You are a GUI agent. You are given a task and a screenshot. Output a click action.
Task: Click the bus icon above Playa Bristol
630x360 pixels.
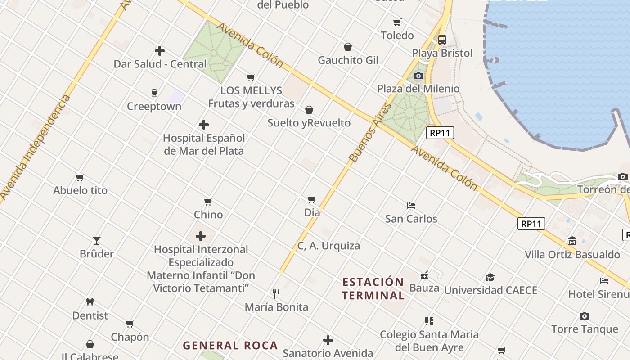click(x=442, y=40)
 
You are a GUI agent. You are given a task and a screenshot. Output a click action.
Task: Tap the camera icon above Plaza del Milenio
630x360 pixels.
click(x=418, y=76)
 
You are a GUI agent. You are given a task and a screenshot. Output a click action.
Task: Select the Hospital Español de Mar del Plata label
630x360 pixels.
click(x=204, y=144)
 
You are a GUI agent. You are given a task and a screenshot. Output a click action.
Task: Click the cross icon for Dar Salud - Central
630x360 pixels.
click(x=159, y=51)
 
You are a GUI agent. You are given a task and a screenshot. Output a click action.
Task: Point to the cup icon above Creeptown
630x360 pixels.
click(x=154, y=93)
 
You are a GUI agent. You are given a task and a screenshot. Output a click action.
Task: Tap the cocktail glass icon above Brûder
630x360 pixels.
click(x=97, y=241)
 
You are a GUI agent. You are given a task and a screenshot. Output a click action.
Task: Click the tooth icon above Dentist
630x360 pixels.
click(x=90, y=302)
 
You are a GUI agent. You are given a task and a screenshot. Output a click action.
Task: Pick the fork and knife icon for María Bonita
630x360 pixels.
click(x=276, y=294)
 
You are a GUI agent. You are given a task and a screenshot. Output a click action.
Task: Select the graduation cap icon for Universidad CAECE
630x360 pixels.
click(x=490, y=278)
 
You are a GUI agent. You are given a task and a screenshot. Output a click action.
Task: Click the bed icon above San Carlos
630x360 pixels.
click(x=411, y=206)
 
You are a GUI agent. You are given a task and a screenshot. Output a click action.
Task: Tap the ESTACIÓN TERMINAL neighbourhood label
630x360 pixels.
click(x=373, y=288)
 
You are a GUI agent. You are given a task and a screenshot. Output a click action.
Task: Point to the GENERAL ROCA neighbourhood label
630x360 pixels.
click(x=230, y=346)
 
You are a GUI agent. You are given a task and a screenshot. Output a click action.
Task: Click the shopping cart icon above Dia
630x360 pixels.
click(x=312, y=199)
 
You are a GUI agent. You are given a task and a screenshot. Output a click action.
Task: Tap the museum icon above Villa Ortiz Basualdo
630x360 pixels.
click(x=572, y=241)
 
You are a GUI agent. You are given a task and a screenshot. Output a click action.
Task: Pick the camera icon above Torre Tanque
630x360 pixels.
click(x=584, y=316)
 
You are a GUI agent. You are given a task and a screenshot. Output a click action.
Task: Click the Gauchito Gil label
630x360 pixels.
click(x=348, y=60)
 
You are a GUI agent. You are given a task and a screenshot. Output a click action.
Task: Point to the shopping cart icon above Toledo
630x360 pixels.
click(x=397, y=22)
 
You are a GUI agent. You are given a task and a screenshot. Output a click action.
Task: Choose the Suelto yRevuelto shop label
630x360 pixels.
click(x=309, y=123)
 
